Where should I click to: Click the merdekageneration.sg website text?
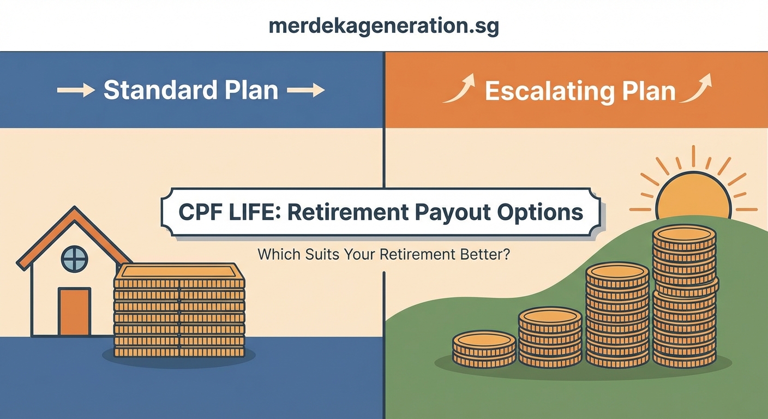383,26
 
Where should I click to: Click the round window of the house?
74,259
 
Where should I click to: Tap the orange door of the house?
74,312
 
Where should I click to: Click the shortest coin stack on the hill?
484,349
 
